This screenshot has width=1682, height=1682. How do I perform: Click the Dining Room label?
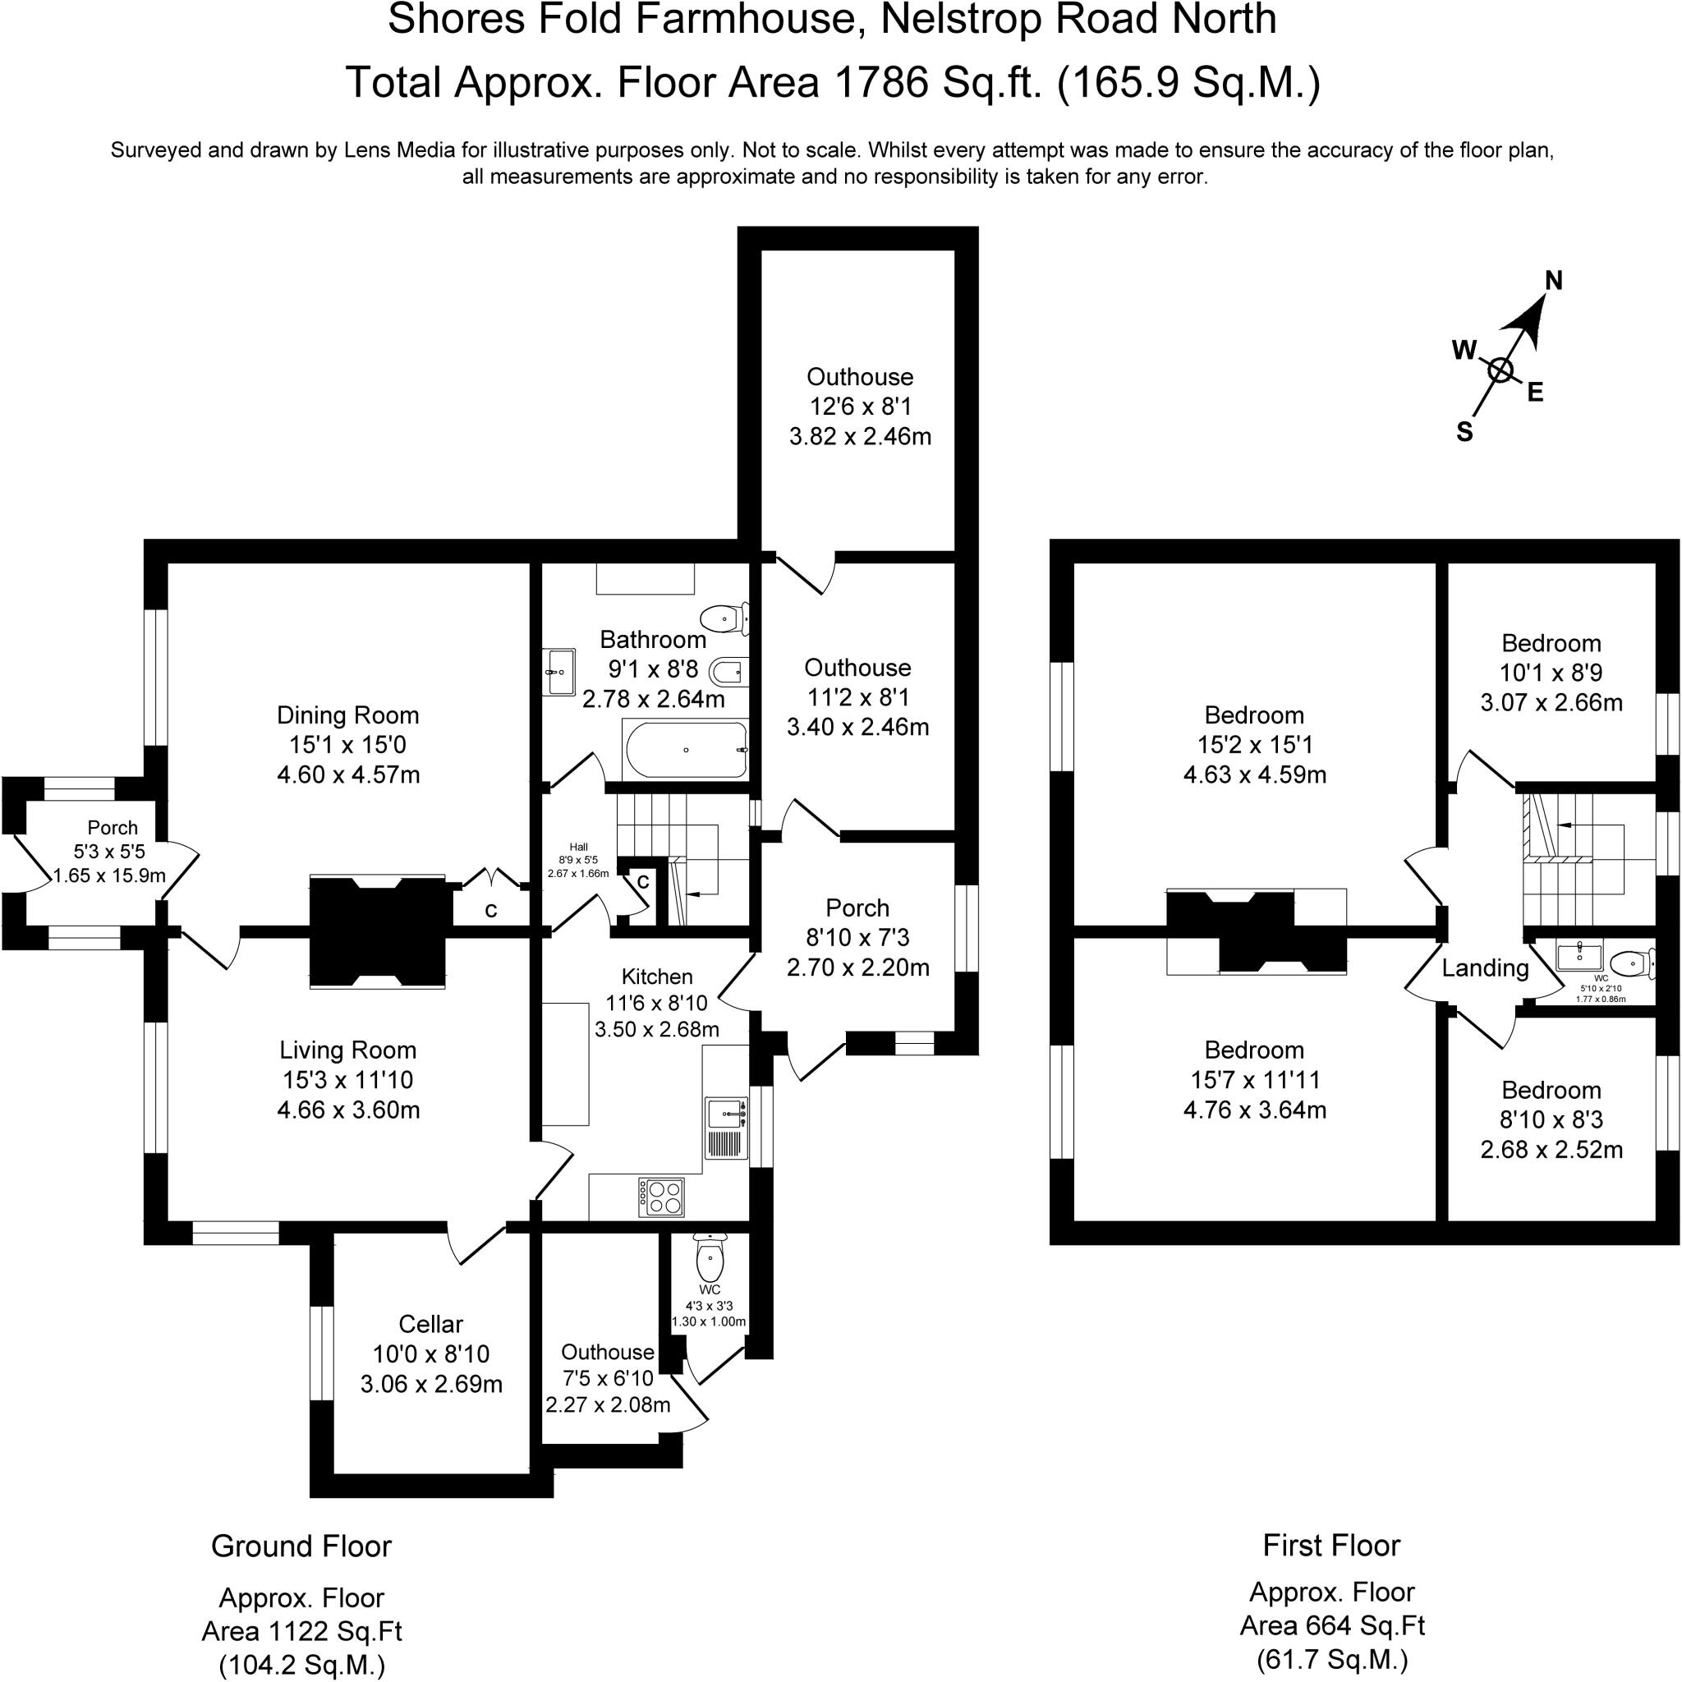[347, 715]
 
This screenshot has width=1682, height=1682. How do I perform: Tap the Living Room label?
[347, 1050]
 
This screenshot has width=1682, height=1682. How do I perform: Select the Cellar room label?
[430, 1324]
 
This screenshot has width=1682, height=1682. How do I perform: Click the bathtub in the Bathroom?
[686, 750]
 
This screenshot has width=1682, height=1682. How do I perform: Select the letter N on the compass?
[1553, 280]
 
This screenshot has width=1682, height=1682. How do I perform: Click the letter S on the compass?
[1464, 433]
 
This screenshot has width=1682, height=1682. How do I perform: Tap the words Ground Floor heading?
[301, 1546]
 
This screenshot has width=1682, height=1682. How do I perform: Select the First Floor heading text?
[1331, 1546]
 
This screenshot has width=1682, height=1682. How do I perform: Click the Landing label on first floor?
[1485, 968]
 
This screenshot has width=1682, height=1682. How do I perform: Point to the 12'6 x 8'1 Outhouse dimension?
[860, 407]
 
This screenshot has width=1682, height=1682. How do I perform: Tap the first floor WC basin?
[1579, 956]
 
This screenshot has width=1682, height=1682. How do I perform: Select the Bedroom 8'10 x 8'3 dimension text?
[1551, 1119]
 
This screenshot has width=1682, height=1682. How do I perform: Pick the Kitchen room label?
[656, 977]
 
